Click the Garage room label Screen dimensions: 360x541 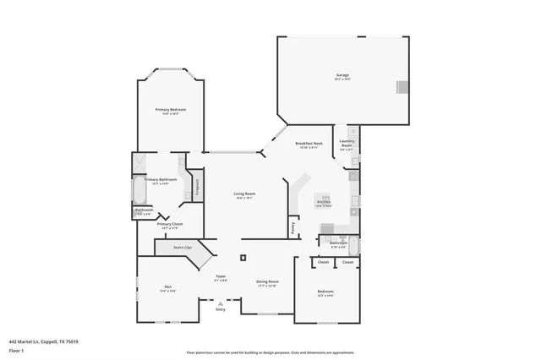pyautogui.click(x=342, y=76)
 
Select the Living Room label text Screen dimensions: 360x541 pyautogui.click(x=244, y=194)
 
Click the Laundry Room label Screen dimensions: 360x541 pyautogui.click(x=347, y=144)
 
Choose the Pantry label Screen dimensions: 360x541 pyautogui.click(x=292, y=226)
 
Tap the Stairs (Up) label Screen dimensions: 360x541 pyautogui.click(x=182, y=247)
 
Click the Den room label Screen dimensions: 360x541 pyautogui.click(x=167, y=288)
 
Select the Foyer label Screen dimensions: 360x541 pyautogui.click(x=220, y=276)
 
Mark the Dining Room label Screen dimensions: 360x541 pyautogui.click(x=268, y=282)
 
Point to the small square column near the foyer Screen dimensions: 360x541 pyautogui.click(x=243, y=257)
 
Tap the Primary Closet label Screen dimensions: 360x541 pyautogui.click(x=169, y=225)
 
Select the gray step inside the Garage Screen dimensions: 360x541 pyautogui.click(x=403, y=87)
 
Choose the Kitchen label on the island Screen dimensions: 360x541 pyautogui.click(x=324, y=203)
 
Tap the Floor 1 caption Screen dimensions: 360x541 pyautogui.click(x=17, y=349)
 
